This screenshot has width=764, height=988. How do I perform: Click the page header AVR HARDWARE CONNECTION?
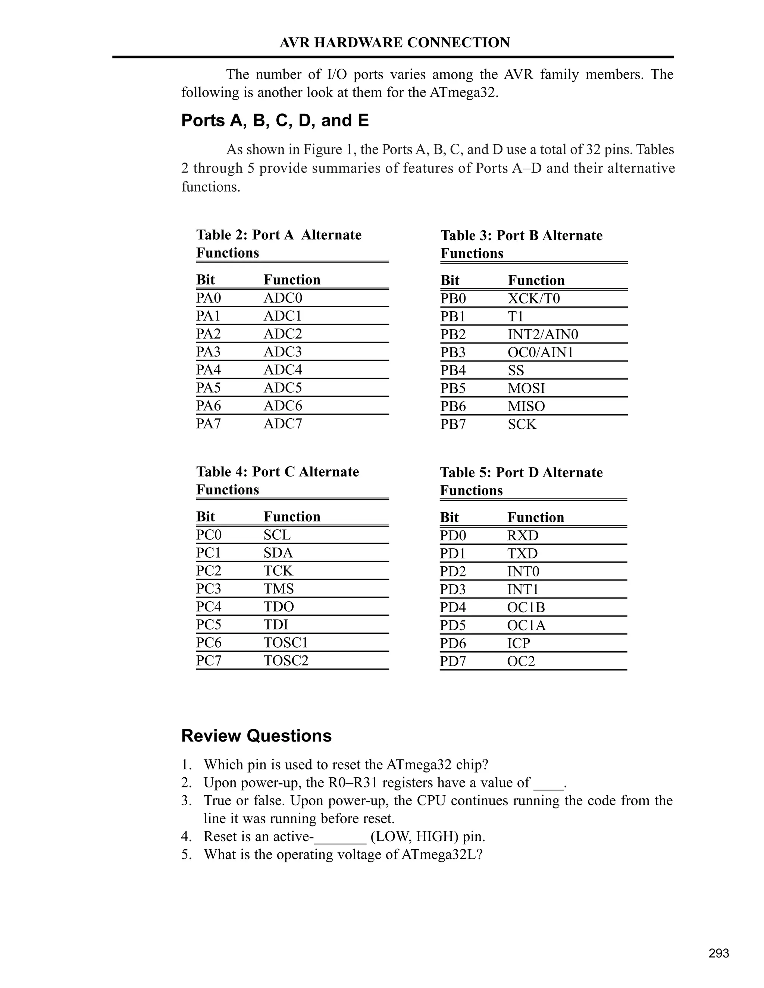pos(394,43)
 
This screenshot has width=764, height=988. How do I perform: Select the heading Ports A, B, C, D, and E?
pos(275,121)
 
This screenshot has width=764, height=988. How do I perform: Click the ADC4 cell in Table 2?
pos(282,369)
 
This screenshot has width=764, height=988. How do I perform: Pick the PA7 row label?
pos(208,424)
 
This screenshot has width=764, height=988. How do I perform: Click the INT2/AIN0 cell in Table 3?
pos(543,334)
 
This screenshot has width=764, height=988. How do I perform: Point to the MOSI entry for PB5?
pos(526,388)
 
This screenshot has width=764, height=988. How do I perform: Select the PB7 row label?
pos(453,424)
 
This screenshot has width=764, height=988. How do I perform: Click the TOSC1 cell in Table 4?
pos(286,642)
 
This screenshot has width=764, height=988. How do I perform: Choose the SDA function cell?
pos(278,553)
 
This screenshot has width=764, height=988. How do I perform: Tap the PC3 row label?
pos(208,589)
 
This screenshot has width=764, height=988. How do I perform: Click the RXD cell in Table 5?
pos(522,536)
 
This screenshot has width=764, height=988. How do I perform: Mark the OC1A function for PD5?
pos(526,625)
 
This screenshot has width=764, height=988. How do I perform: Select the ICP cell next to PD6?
pos(518,643)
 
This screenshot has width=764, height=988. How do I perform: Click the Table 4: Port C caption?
pos(278,472)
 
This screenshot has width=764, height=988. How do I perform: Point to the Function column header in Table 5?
pos(535,517)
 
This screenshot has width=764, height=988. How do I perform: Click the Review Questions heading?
pos(256,736)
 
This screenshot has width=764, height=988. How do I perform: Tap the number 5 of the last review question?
pos(185,855)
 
